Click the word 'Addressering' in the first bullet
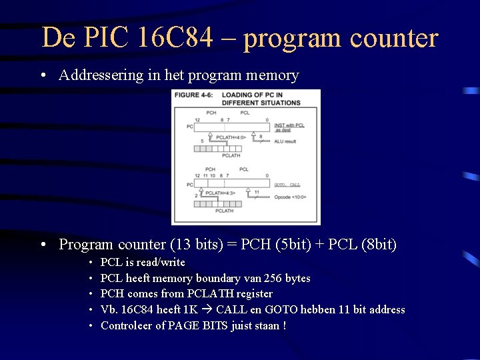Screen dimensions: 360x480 pyautogui.click(x=101, y=75)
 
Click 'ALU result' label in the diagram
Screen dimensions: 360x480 pyautogui.click(x=286, y=141)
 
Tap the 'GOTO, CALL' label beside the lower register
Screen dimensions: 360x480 pyautogui.click(x=287, y=185)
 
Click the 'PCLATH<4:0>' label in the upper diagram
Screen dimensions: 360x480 pyautogui.click(x=231, y=137)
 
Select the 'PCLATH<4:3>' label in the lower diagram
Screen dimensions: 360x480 pyautogui.click(x=221, y=193)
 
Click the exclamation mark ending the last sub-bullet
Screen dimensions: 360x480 pyautogui.click(x=284, y=325)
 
